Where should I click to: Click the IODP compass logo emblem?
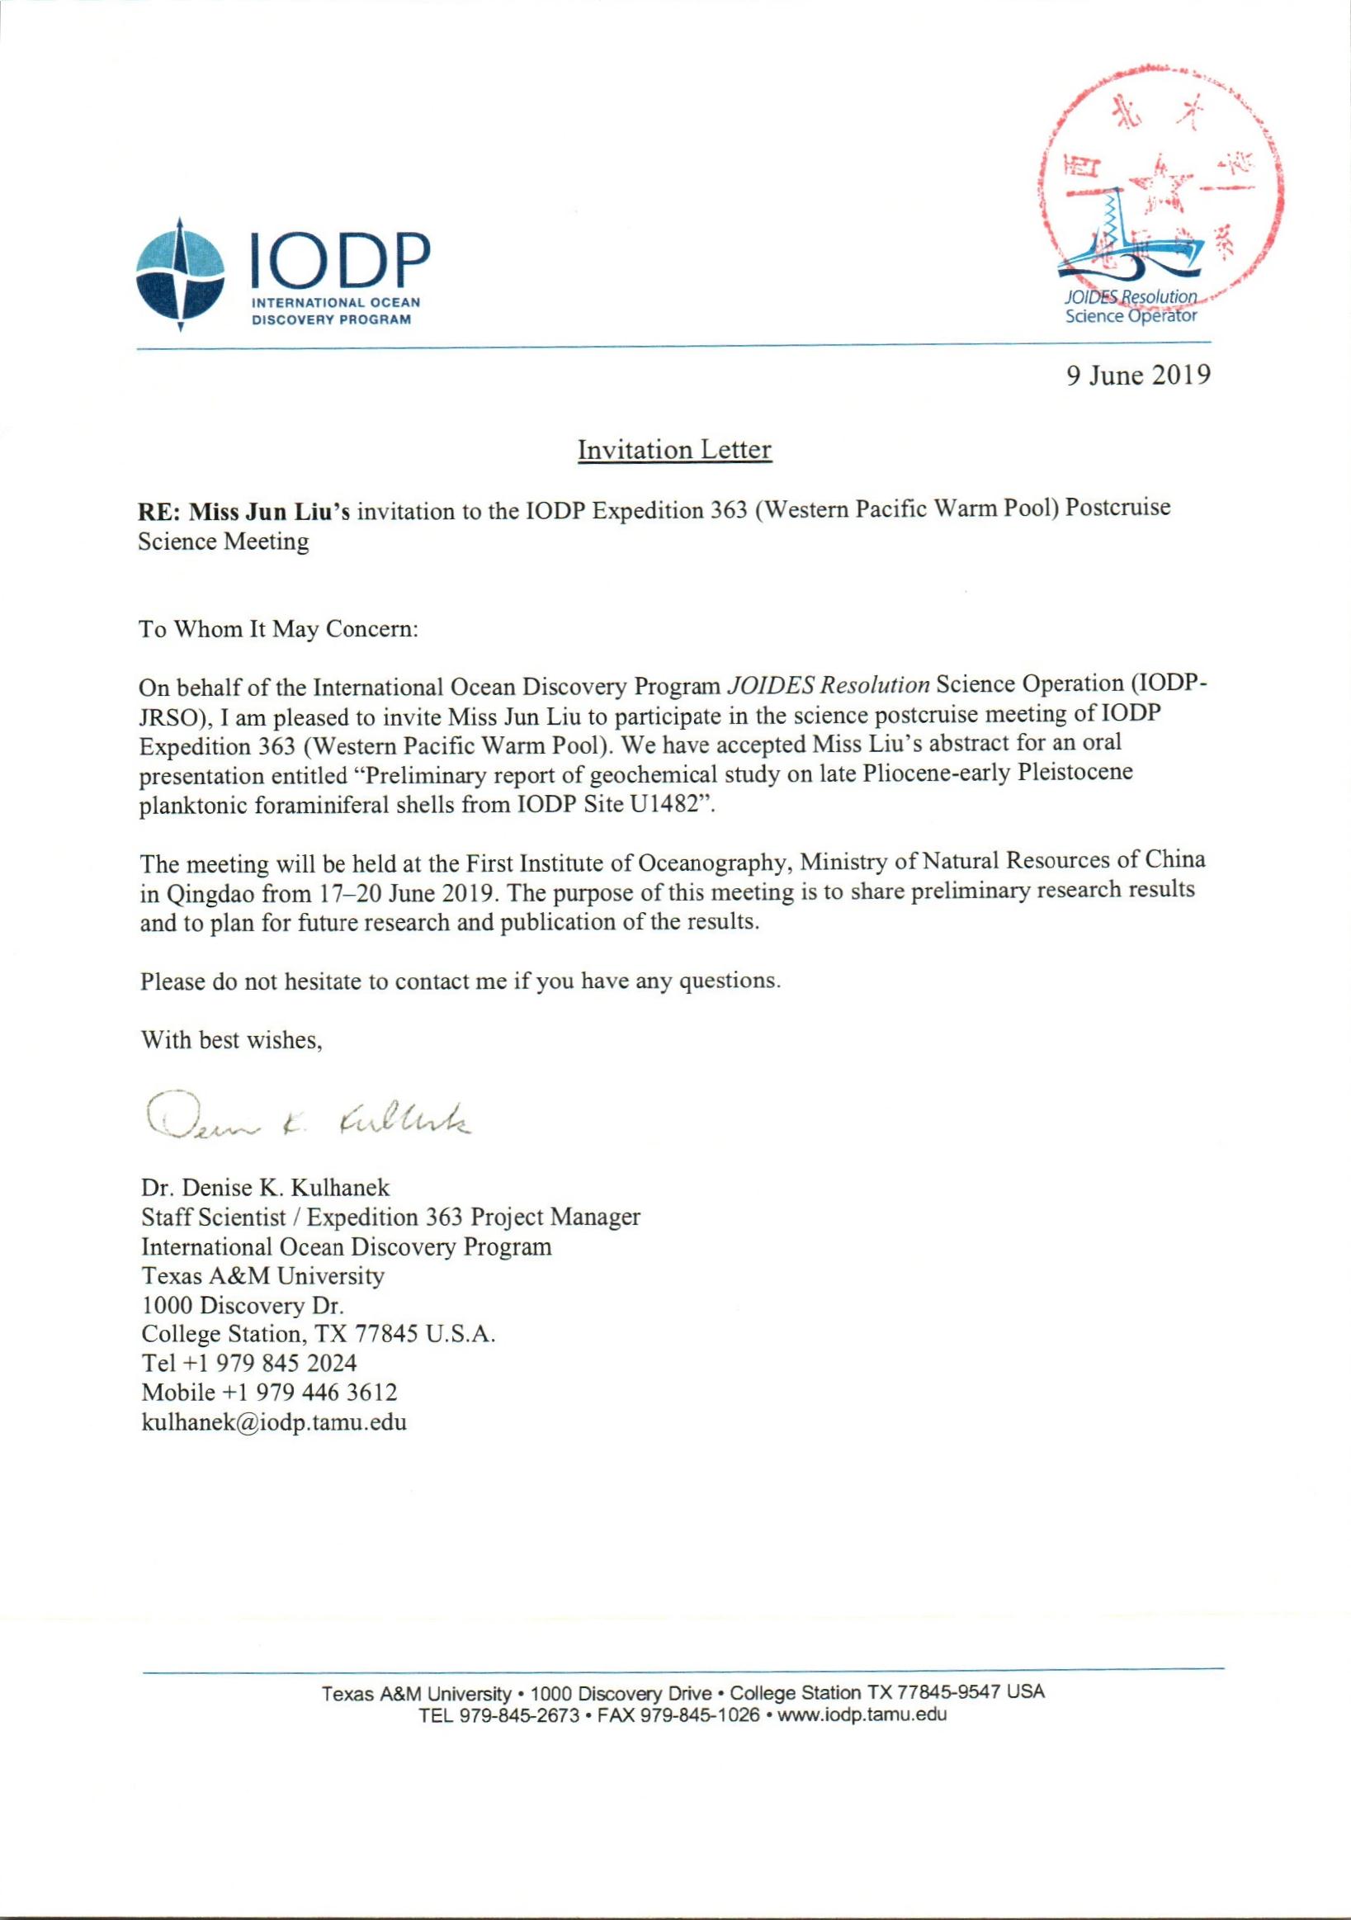(x=180, y=273)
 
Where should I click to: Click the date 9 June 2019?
(x=1138, y=375)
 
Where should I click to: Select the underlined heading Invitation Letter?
(x=673, y=450)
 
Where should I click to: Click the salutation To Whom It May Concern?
(x=278, y=629)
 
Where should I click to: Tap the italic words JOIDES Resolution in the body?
(x=828, y=685)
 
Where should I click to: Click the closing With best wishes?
(x=232, y=1040)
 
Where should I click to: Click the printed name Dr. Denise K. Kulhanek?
(x=265, y=1187)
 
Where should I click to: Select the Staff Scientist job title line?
(x=390, y=1217)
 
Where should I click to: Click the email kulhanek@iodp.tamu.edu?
(x=274, y=1422)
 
